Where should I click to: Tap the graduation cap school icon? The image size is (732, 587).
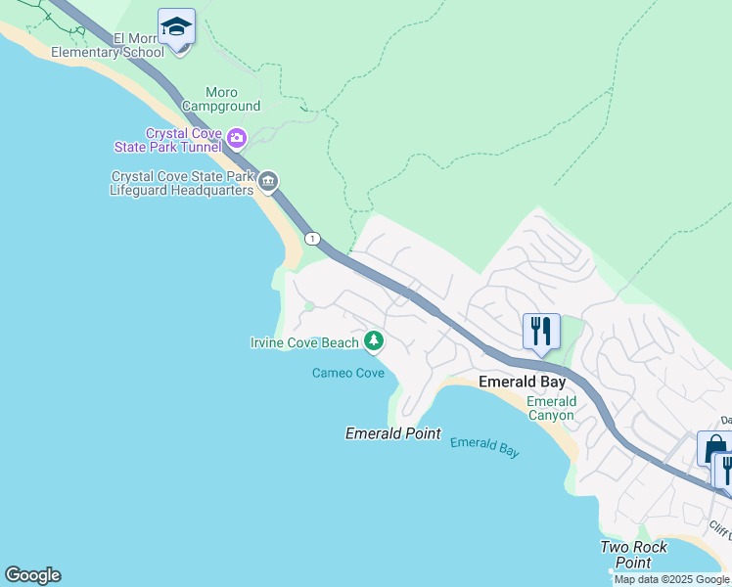(176, 27)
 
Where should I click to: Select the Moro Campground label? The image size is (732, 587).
(220, 99)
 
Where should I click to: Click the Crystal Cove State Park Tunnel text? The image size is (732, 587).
(183, 140)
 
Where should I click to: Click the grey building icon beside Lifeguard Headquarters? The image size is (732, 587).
(269, 181)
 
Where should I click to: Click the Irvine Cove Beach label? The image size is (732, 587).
(304, 342)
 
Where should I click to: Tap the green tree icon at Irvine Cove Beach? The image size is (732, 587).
(373, 340)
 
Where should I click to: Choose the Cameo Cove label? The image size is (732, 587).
(347, 373)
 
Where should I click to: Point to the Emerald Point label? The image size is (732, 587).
(393, 432)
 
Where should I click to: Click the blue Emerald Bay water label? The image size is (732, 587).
(484, 447)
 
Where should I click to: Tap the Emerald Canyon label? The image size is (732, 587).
(551, 409)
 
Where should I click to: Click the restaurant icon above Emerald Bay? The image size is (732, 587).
(541, 332)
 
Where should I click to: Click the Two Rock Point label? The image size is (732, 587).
(634, 555)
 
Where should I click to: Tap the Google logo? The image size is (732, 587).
(32, 575)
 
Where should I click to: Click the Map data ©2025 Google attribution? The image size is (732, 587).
(671, 579)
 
